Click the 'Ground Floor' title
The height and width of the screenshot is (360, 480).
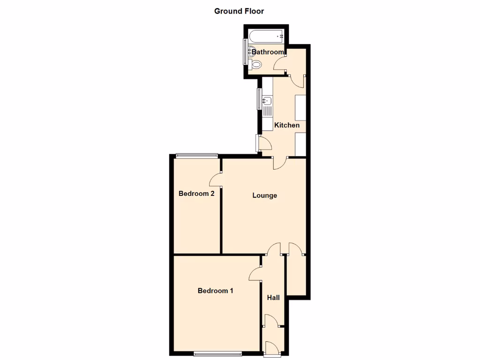(x=239, y=11)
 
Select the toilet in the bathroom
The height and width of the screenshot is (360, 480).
(x=255, y=65)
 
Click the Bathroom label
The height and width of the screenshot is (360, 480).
(x=268, y=52)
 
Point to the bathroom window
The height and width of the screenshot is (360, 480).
(x=244, y=52)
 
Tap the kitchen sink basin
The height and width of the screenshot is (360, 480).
(x=268, y=101)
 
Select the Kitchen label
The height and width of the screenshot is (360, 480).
(x=286, y=125)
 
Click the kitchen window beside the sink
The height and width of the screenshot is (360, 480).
(x=258, y=99)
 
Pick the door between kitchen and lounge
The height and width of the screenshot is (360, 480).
(x=279, y=162)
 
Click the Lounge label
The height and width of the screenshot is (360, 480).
(x=264, y=195)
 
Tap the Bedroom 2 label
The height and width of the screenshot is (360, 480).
(x=196, y=194)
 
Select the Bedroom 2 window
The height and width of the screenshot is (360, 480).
(x=197, y=156)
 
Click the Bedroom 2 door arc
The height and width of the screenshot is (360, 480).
(x=216, y=179)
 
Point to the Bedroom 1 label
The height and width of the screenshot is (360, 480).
(x=215, y=291)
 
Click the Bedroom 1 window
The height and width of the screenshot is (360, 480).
(x=217, y=354)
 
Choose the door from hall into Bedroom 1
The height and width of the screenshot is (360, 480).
(x=255, y=274)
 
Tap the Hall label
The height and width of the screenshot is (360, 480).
(x=273, y=298)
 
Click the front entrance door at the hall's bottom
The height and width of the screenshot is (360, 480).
(x=271, y=347)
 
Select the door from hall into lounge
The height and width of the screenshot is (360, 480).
(x=274, y=249)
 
